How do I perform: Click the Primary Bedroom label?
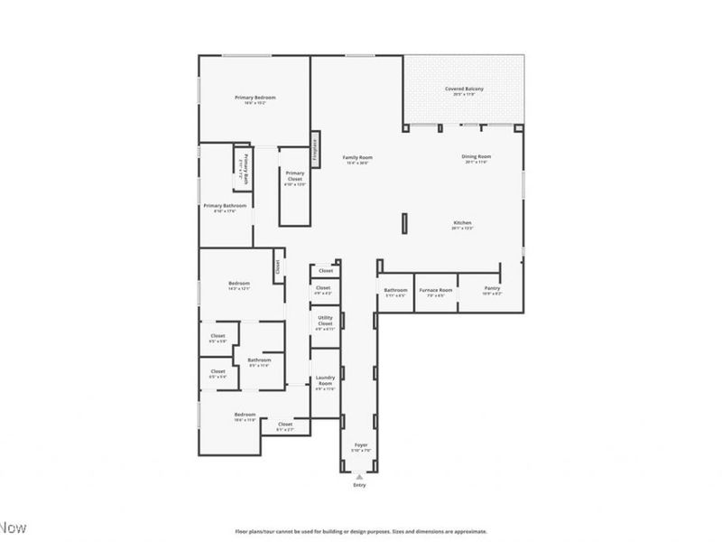pos(255,98)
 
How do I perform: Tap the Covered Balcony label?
pos(464,89)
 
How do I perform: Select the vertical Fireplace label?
pos(315,148)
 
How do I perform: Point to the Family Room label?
pos(357,158)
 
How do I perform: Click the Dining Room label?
pos(477,157)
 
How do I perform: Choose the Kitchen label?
pos(462,223)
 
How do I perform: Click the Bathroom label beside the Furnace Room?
pos(395,290)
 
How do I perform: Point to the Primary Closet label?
pos(295,177)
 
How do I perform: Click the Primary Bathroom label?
pos(225,206)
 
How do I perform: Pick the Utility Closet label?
pos(324,322)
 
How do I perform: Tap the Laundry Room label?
pos(324,383)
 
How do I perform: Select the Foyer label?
pos(360,445)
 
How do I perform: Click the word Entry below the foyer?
pos(360,486)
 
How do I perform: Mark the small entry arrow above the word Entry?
pos(360,476)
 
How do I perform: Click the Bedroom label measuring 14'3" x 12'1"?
pos(238,284)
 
